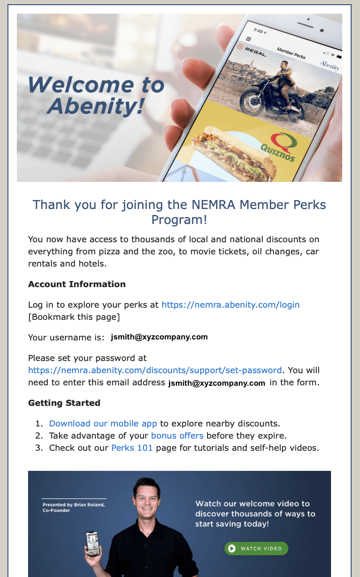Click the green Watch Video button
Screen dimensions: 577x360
(x=256, y=548)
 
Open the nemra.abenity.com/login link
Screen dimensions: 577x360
(x=230, y=305)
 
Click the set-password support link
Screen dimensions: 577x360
(x=155, y=370)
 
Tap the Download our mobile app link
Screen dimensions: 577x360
(x=103, y=424)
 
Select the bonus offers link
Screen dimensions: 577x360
(x=177, y=436)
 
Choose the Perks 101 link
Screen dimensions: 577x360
(x=132, y=448)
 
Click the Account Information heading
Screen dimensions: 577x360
(x=77, y=284)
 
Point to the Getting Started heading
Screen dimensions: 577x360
(x=64, y=403)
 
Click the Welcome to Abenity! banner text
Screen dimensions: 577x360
(x=96, y=96)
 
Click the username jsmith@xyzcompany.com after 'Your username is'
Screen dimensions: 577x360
(x=159, y=337)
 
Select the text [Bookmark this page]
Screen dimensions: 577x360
(x=74, y=317)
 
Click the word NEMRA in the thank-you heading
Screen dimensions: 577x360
(x=214, y=205)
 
